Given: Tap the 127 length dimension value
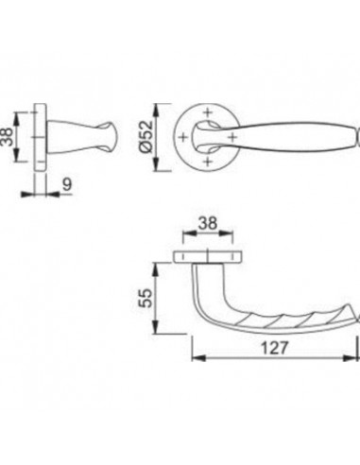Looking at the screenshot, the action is point(274,348).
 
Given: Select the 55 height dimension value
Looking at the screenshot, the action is point(146,299).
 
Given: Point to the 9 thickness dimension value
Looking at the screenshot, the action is point(67,184).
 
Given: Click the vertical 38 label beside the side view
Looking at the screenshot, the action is point(8,137).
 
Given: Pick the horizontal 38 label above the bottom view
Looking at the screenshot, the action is point(208,223).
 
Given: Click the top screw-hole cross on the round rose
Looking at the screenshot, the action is point(207,112).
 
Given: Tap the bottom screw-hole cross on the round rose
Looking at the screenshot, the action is point(207,162).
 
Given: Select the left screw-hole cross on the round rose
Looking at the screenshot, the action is point(183,137).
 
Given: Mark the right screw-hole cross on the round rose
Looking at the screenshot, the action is point(231,137).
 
